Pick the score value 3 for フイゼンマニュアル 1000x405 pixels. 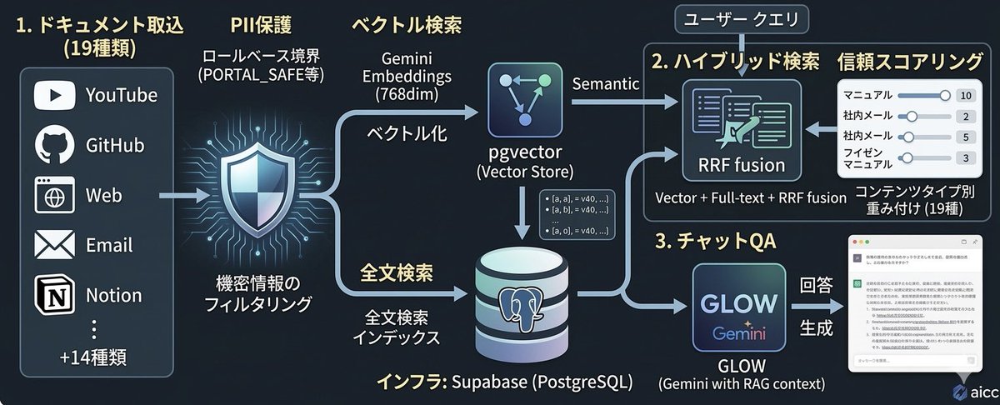(x=966, y=158)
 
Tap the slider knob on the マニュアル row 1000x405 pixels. (x=944, y=95)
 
